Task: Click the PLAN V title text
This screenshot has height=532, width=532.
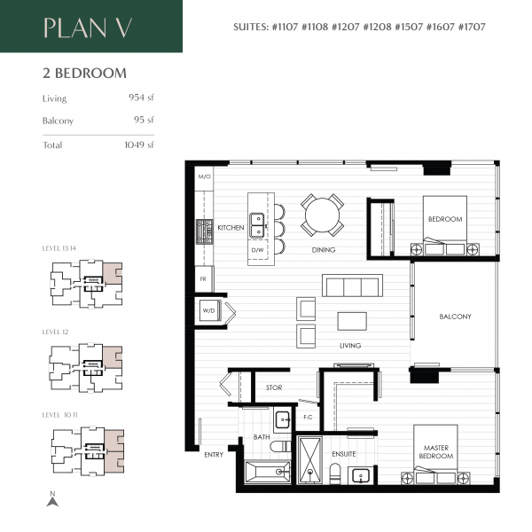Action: coord(89,27)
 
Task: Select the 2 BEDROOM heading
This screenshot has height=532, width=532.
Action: coord(83,74)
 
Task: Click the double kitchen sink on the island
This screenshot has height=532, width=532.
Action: coord(257,225)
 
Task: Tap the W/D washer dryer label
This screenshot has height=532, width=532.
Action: coord(209,311)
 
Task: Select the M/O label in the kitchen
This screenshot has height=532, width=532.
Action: coord(205,177)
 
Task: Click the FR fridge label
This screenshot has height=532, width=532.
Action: coord(203,280)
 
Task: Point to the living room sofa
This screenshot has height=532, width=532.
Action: coord(352,286)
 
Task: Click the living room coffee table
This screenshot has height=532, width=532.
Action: coord(351,320)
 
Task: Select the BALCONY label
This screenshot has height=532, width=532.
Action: coord(455,317)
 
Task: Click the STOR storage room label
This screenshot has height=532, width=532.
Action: coord(274,387)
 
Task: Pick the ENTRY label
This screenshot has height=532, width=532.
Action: coord(214,455)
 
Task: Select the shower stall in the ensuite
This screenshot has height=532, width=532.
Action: coord(310,460)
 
